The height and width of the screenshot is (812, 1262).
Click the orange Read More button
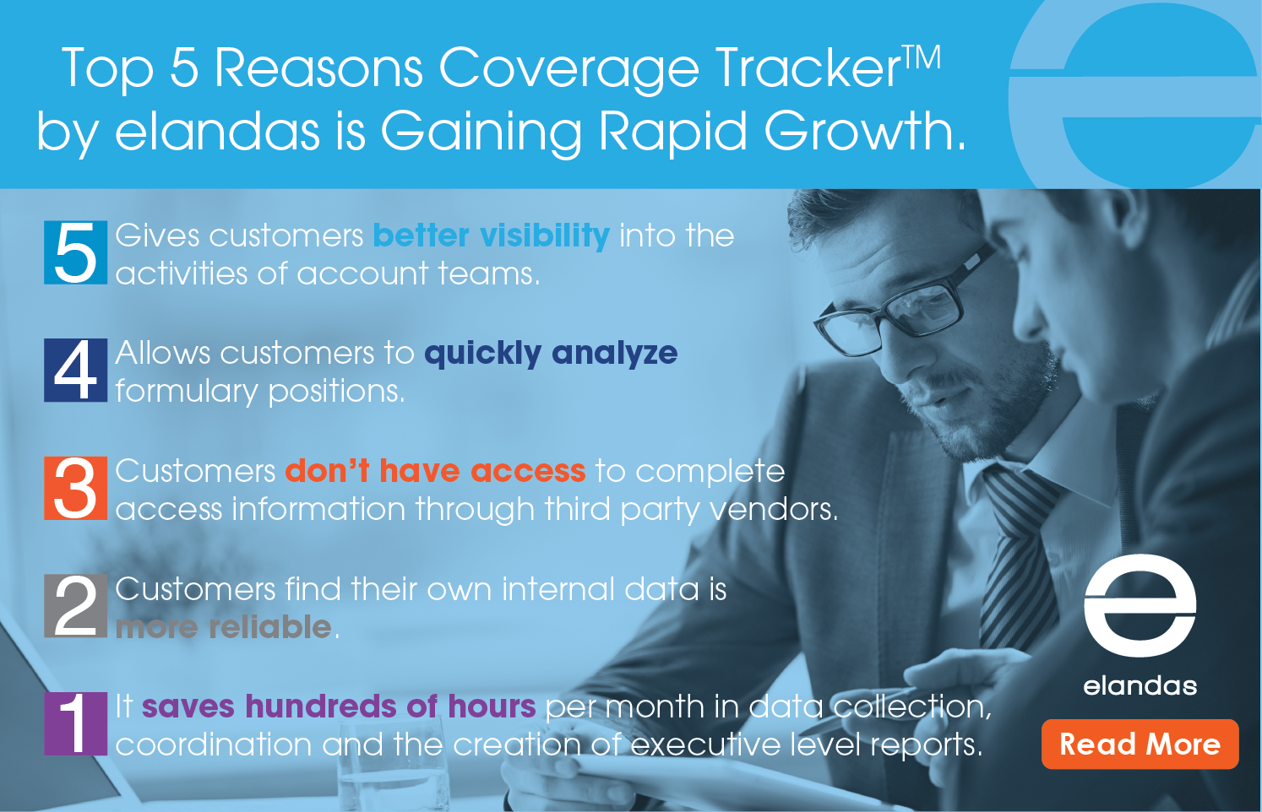(x=1140, y=744)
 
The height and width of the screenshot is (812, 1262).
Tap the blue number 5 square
(x=75, y=252)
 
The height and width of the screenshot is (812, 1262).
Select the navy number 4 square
(x=75, y=370)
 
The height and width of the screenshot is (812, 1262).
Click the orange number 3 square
(x=75, y=488)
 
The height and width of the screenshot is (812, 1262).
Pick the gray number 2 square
(x=75, y=606)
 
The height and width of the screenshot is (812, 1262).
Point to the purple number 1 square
(x=75, y=723)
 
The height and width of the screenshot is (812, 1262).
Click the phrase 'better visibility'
(x=492, y=235)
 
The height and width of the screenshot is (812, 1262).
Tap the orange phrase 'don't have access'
(x=435, y=471)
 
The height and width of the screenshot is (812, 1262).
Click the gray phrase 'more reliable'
(x=223, y=627)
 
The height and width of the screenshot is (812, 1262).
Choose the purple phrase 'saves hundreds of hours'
(x=339, y=706)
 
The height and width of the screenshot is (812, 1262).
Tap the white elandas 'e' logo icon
(x=1140, y=605)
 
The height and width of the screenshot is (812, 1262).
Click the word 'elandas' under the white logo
(x=1140, y=686)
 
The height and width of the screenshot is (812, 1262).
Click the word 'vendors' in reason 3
(x=773, y=510)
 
